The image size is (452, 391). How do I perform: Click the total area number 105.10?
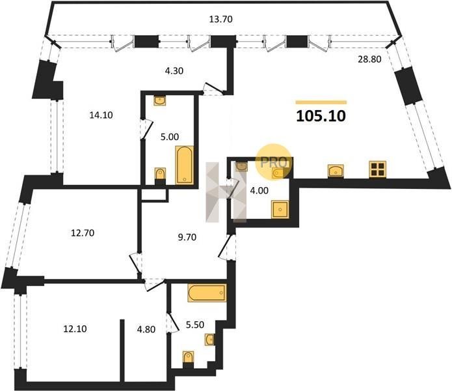321,116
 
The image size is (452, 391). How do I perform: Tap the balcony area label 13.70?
221,20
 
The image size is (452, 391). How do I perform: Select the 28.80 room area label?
369,59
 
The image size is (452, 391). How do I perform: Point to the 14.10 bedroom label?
101,115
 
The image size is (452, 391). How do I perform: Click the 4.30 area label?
174,71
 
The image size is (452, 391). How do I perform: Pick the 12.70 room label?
83,233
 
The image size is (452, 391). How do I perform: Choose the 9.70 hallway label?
187,237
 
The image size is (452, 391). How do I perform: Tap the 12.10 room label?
75,329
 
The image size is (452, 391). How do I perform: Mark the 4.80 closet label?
146,329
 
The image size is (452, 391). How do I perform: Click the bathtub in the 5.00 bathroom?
184,165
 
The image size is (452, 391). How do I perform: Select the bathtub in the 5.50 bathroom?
207,293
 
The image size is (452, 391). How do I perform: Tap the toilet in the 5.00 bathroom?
160,174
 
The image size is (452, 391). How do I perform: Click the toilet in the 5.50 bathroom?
188,357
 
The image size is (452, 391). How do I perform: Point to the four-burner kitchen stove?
378,169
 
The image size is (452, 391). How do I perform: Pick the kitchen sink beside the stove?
336,171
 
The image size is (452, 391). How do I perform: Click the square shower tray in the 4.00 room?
280,210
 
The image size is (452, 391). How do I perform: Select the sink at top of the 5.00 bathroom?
160,100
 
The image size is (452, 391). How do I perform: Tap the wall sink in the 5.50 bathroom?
210,340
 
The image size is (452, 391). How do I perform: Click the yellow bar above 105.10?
321,102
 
